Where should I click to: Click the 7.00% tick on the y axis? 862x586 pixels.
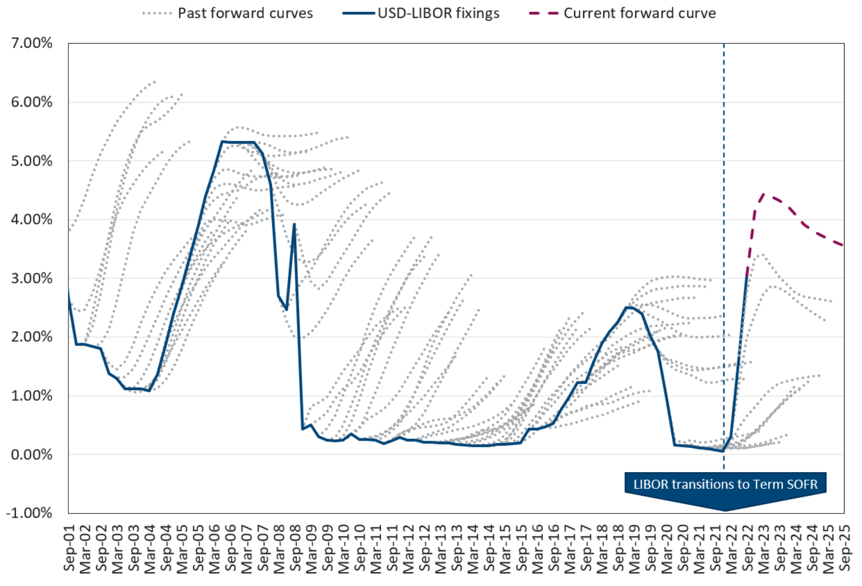[31, 43]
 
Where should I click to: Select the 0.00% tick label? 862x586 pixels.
[31, 455]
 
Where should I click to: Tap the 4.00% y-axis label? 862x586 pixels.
[31, 219]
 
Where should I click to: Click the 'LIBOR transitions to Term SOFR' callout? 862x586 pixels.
[725, 484]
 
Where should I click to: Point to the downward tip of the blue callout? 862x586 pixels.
[725, 510]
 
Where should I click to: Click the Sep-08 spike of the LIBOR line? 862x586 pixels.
[294, 225]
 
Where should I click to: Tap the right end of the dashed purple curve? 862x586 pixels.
[843, 245]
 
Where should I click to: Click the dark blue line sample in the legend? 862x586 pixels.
[358, 13]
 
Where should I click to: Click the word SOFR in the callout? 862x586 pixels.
[802, 484]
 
